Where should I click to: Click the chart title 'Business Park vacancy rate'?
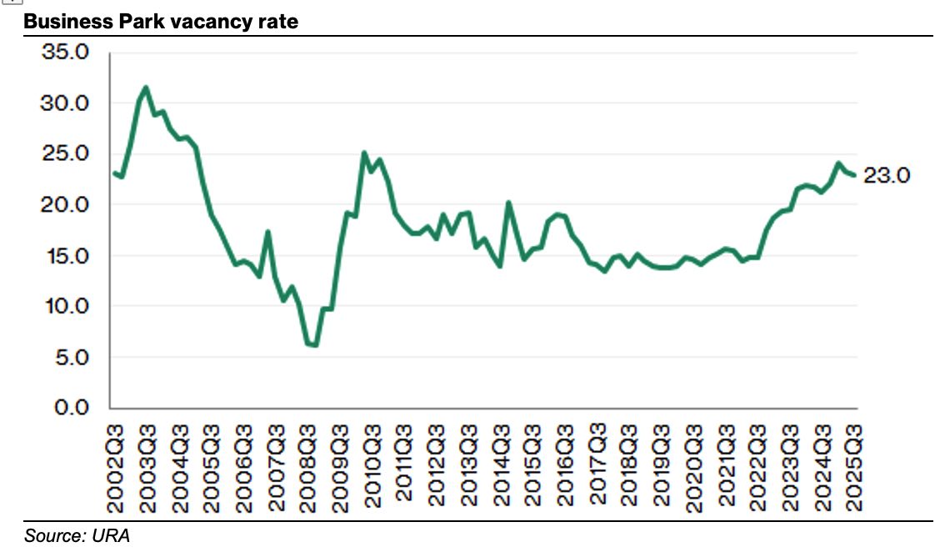tap(161, 22)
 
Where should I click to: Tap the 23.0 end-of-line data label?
tap(887, 176)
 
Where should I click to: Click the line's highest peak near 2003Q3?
tap(146, 87)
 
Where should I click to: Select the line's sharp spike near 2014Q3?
tap(508, 203)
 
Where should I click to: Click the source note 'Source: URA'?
tap(77, 535)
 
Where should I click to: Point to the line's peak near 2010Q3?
tap(364, 153)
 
